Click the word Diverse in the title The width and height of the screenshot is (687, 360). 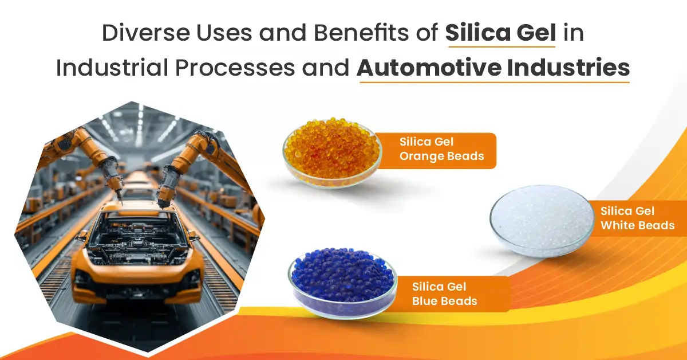point(146,33)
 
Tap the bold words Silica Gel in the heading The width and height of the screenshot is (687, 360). point(500,33)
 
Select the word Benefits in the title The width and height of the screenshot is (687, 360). point(361,32)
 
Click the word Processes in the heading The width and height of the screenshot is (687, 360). point(235,68)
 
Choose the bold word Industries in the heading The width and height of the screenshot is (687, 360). point(568,67)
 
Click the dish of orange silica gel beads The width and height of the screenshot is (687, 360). point(332,152)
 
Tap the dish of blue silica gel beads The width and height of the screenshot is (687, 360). point(342,283)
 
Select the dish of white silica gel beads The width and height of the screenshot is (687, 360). point(542,221)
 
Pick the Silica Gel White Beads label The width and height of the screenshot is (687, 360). point(637,218)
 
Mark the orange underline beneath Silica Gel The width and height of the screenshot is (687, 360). point(502,46)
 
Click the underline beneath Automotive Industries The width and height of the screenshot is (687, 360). point(495,82)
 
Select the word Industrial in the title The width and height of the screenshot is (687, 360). point(112,68)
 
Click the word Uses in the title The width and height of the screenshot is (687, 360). point(224,33)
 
